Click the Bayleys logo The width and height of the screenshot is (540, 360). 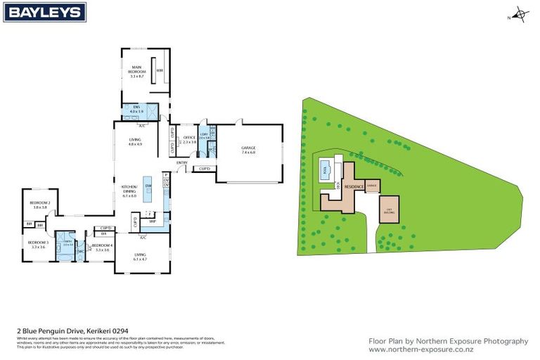pyautogui.click(x=44, y=12)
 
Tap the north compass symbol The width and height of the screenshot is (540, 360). pyautogui.click(x=519, y=13)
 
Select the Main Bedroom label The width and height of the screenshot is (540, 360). pyautogui.click(x=136, y=71)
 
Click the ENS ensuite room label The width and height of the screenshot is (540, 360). pyautogui.click(x=136, y=110)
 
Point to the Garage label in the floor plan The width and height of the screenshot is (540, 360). pyautogui.click(x=248, y=149)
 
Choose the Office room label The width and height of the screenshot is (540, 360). pyautogui.click(x=188, y=139)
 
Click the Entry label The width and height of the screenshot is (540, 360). pyautogui.click(x=182, y=163)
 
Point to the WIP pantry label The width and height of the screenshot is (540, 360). pyautogui.click(x=152, y=221)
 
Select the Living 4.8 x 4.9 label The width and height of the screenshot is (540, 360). pyautogui.click(x=135, y=141)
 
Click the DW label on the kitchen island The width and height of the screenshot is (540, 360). pyautogui.click(x=148, y=185)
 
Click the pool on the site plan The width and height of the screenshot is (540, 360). pyautogui.click(x=325, y=169)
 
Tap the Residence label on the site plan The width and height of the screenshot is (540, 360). pyautogui.click(x=353, y=186)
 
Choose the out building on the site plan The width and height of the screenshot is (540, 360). pyautogui.click(x=388, y=210)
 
